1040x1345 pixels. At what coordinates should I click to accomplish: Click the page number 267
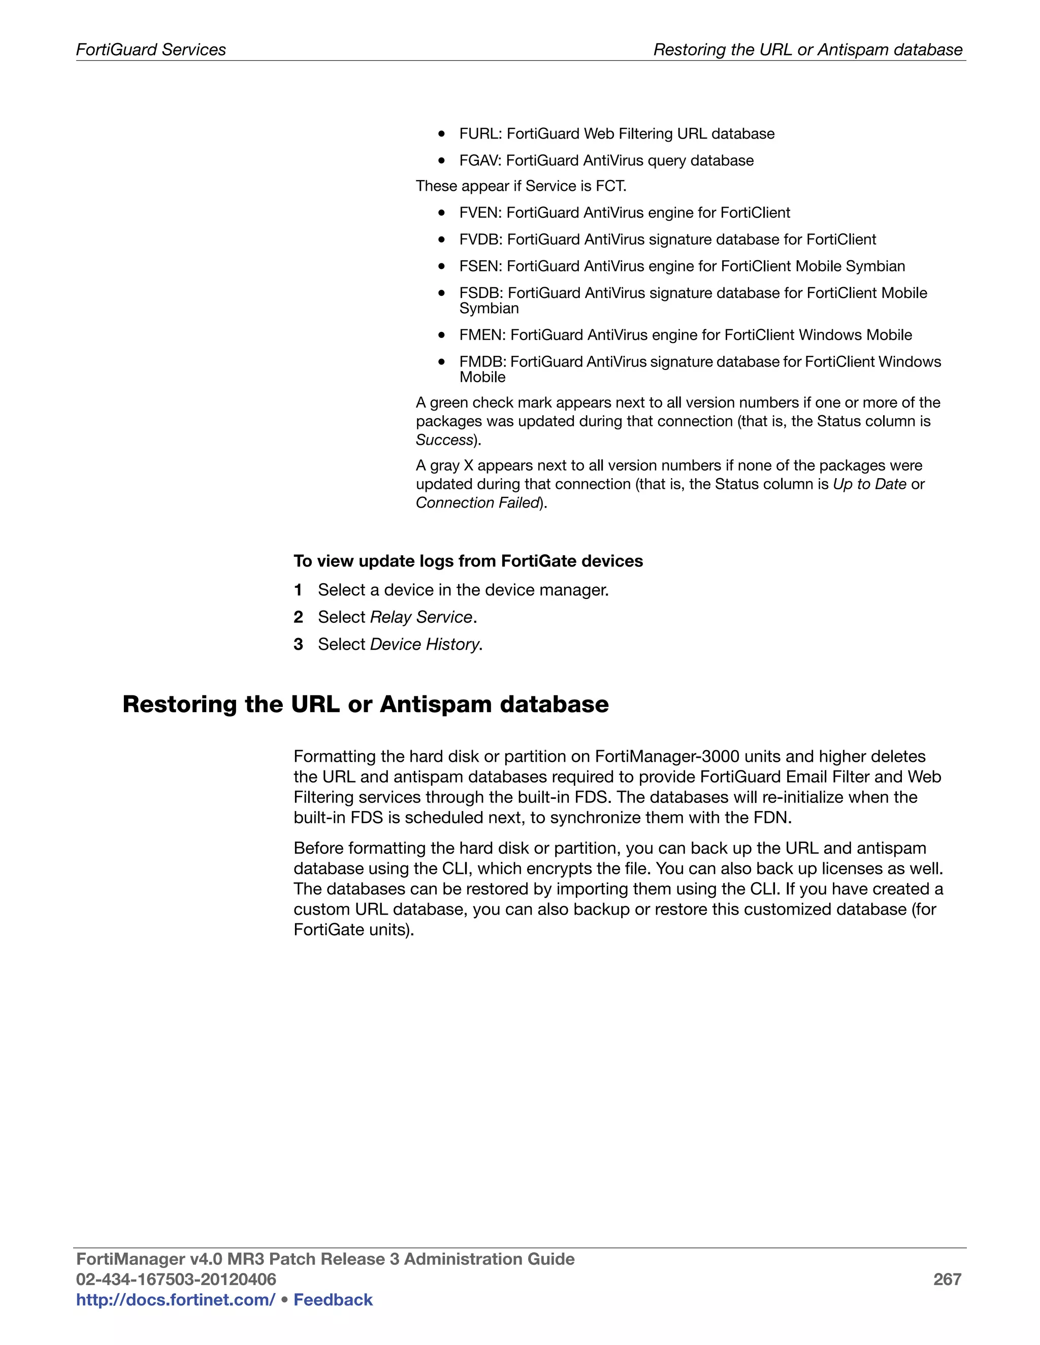pyautogui.click(x=947, y=1280)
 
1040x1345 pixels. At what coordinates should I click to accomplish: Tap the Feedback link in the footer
pyautogui.click(x=333, y=1300)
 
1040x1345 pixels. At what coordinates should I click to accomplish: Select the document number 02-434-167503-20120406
pyautogui.click(x=176, y=1280)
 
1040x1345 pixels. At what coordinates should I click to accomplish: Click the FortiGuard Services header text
pyautogui.click(x=151, y=50)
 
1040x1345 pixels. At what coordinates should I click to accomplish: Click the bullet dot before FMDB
pyautogui.click(x=441, y=362)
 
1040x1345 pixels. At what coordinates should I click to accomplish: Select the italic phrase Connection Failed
pyautogui.click(x=477, y=503)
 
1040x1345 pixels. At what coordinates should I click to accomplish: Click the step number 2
pyautogui.click(x=298, y=617)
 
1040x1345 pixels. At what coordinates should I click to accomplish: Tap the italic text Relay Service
pyautogui.click(x=421, y=617)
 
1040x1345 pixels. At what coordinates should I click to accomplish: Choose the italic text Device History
pyautogui.click(x=424, y=644)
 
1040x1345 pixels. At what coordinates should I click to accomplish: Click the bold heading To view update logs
pyautogui.click(x=468, y=561)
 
